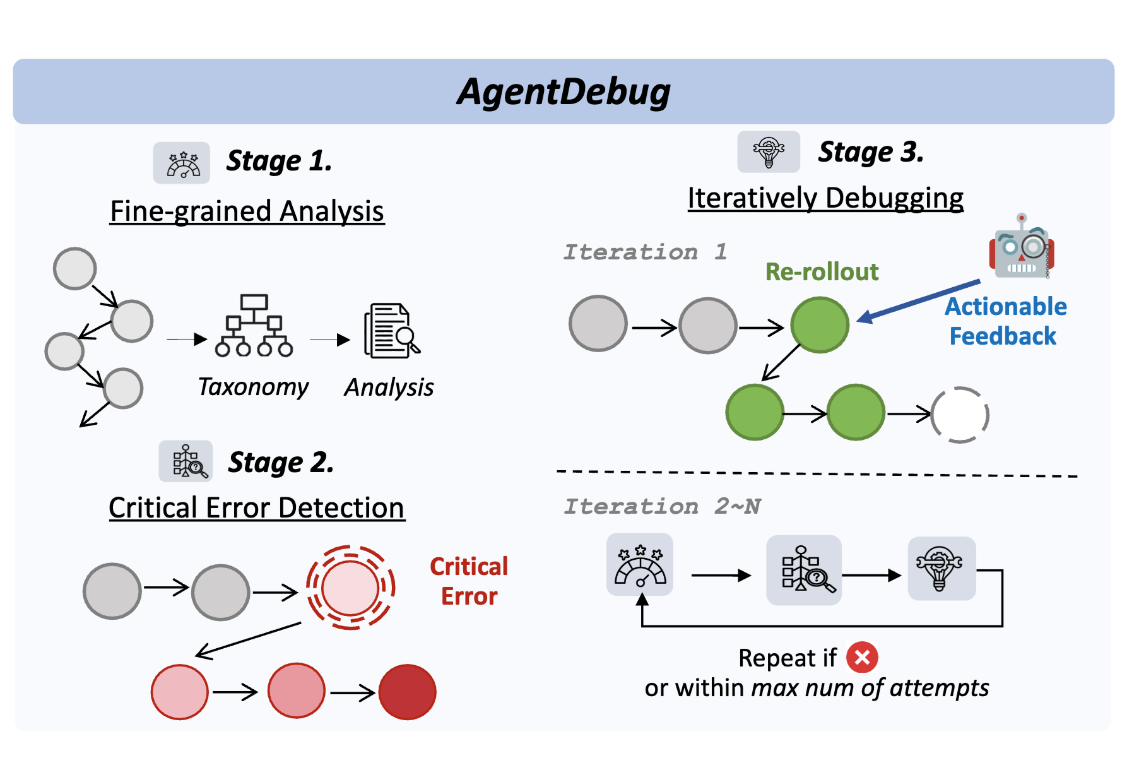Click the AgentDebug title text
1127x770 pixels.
(563, 92)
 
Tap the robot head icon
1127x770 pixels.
(1022, 247)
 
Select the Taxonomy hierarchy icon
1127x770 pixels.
(254, 326)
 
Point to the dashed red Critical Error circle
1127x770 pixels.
(350, 588)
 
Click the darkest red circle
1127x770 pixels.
(407, 692)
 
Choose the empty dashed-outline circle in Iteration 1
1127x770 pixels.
(960, 415)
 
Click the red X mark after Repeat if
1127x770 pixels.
(862, 658)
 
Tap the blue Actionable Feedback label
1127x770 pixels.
(1005, 321)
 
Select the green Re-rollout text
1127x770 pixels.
(822, 272)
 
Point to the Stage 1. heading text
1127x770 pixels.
(279, 161)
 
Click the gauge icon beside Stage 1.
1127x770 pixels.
(182, 163)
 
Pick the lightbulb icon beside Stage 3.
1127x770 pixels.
(769, 152)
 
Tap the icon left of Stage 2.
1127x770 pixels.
(186, 461)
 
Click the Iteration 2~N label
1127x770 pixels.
(662, 506)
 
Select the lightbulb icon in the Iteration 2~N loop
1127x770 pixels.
(940, 568)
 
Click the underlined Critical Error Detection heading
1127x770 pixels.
(256, 508)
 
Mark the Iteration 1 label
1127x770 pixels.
(645, 252)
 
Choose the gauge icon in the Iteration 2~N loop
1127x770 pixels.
(640, 565)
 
